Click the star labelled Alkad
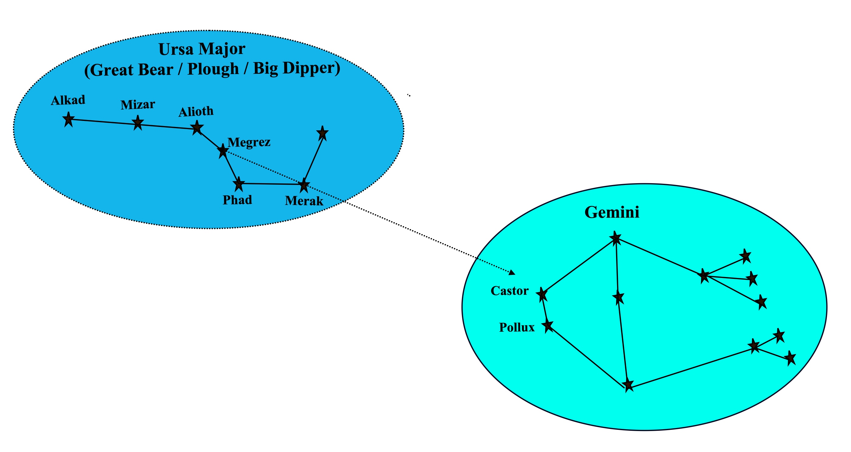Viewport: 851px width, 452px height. click(x=68, y=119)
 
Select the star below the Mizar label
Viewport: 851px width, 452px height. click(x=138, y=123)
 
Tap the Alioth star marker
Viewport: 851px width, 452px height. click(x=197, y=128)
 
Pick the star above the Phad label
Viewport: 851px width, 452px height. click(x=239, y=184)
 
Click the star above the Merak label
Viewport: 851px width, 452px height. click(x=304, y=185)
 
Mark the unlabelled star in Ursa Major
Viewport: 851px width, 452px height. click(x=322, y=133)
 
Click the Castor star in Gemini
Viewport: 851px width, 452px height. click(x=542, y=294)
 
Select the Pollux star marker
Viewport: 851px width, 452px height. click(x=548, y=326)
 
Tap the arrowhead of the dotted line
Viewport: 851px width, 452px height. click(x=512, y=272)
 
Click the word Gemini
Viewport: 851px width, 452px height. click(x=612, y=212)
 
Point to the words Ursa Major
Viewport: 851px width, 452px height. click(x=202, y=49)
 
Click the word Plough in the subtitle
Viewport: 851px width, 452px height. click(x=213, y=69)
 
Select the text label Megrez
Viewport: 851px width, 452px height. click(x=249, y=142)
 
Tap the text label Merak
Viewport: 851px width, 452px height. click(x=304, y=201)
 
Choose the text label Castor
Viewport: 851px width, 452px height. click(x=509, y=291)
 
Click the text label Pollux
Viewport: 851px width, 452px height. click(x=517, y=327)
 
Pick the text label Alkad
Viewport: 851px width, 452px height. click(x=68, y=100)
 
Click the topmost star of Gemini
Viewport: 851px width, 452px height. click(x=615, y=238)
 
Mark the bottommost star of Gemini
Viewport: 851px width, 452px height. click(x=628, y=385)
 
